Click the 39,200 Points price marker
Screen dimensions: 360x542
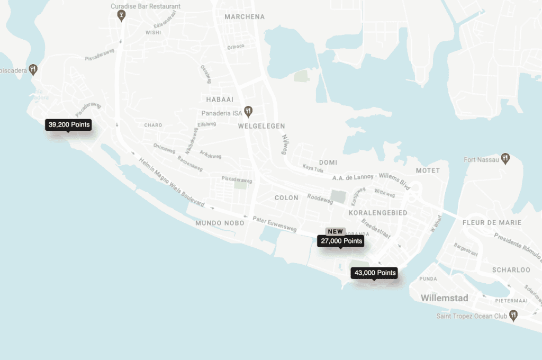(68, 125)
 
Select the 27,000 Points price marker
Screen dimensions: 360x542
(341, 241)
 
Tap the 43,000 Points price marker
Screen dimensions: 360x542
(375, 273)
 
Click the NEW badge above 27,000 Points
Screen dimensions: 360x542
(335, 231)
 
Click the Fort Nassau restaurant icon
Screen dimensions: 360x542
(505, 158)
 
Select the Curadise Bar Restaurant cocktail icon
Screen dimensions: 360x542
(122, 15)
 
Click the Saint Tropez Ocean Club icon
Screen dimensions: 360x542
(512, 316)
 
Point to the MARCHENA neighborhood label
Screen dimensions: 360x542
(244, 16)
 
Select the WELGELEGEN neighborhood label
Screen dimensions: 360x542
(261, 126)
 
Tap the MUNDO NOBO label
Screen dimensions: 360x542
(220, 223)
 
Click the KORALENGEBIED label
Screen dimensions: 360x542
(378, 212)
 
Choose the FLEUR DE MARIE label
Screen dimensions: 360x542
(492, 222)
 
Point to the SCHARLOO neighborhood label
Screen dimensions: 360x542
(511, 269)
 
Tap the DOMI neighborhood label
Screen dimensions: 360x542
(328, 162)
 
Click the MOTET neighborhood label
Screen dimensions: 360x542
(428, 170)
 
